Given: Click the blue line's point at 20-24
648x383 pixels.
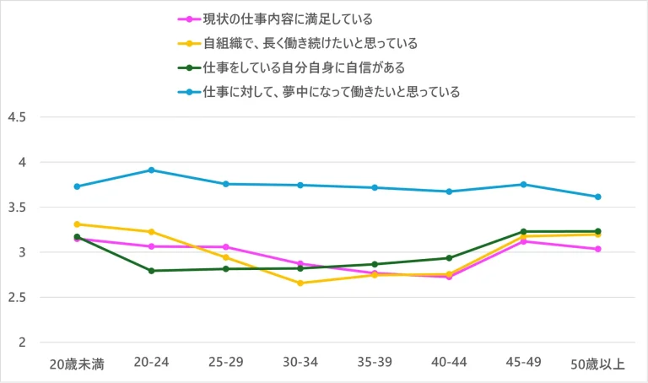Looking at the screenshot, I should [151, 170].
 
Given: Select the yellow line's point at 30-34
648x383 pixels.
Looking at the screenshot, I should [300, 283].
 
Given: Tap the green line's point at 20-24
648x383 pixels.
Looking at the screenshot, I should [151, 271].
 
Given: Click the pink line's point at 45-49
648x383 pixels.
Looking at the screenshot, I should [523, 241].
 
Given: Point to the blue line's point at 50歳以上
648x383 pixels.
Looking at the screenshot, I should [597, 197].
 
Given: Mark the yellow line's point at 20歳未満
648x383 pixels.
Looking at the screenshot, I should [77, 224].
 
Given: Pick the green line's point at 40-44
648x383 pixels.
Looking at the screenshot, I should [449, 258].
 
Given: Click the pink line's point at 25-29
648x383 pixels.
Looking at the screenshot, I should [225, 247].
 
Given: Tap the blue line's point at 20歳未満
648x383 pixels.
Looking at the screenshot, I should [77, 186].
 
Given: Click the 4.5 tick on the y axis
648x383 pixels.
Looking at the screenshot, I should [16, 117].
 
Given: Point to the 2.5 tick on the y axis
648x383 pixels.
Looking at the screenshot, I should [16, 298].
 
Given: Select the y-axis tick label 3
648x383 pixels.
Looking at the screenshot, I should [22, 252].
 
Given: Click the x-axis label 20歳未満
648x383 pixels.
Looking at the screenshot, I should [76, 364].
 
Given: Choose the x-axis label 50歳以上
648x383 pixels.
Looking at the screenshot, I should [598, 364].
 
